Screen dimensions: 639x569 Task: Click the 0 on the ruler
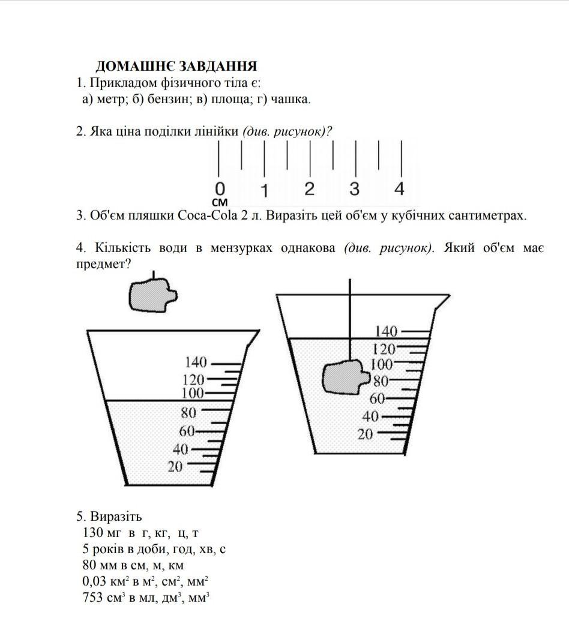click(220, 188)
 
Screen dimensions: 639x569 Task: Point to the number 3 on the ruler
click(354, 188)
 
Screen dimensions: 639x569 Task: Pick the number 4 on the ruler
click(399, 188)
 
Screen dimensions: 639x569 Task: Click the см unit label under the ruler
click(220, 202)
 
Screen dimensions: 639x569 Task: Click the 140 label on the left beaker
click(196, 362)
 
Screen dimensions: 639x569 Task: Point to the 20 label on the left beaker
click(175, 466)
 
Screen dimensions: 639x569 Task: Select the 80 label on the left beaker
click(189, 413)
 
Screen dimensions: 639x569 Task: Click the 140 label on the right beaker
click(386, 331)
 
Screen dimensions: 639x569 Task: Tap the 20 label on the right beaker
click(366, 434)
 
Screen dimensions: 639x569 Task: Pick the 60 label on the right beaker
click(377, 398)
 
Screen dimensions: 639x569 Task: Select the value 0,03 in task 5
click(93, 581)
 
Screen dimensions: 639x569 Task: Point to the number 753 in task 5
click(94, 598)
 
